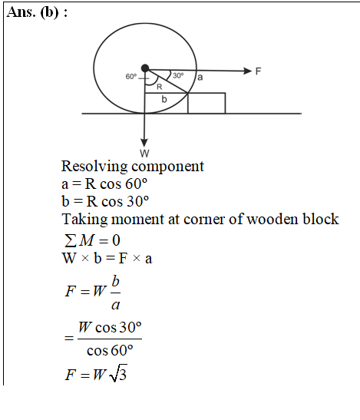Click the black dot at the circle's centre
click(x=145, y=68)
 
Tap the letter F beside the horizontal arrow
click(x=258, y=71)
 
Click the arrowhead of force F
click(x=248, y=71)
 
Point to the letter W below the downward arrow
click(x=144, y=154)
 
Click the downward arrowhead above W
click(x=144, y=143)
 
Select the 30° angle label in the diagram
click(x=178, y=75)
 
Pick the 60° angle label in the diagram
click(x=131, y=77)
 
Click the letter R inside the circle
click(x=160, y=87)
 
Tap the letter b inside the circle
click(x=164, y=99)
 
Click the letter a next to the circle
click(x=200, y=77)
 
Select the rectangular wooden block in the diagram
click(x=206, y=103)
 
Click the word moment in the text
click(x=137, y=220)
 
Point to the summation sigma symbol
click(x=70, y=240)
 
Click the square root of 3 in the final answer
click(x=118, y=373)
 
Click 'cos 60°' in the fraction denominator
click(x=110, y=350)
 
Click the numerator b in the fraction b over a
click(x=115, y=281)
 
